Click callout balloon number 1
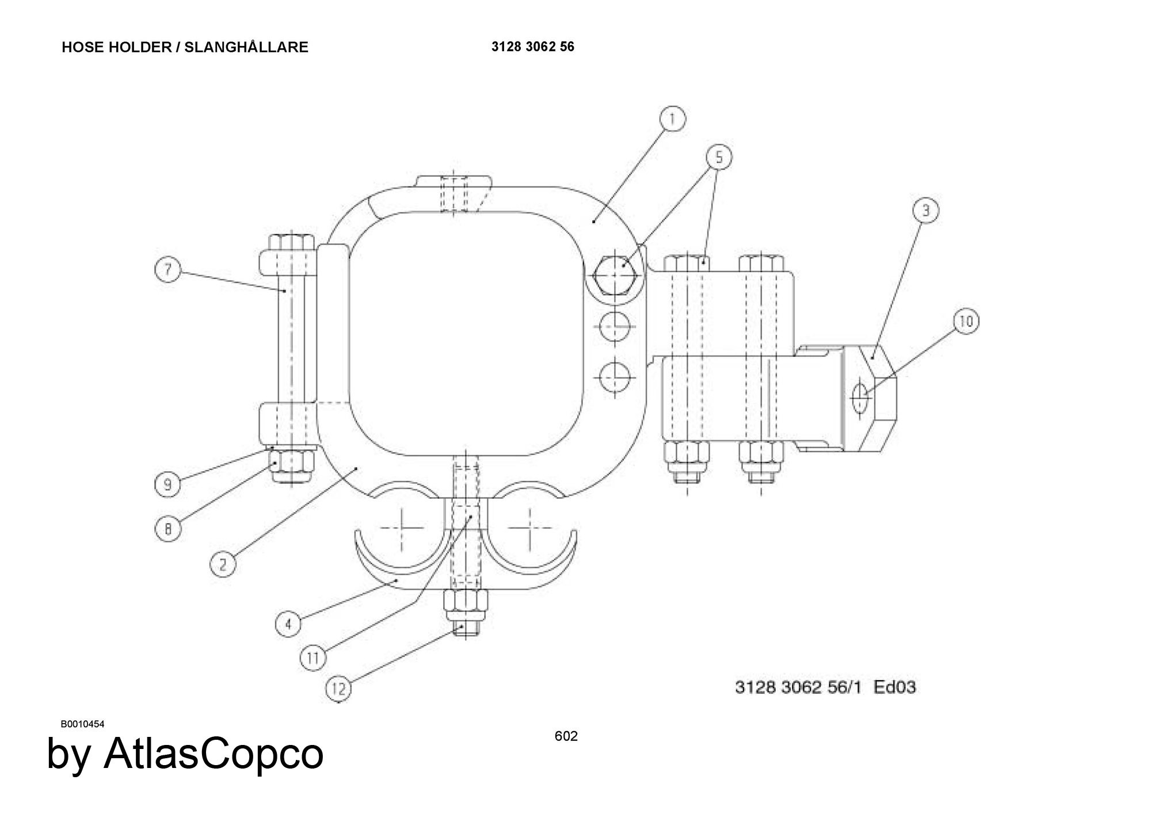coord(672,120)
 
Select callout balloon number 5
coord(719,156)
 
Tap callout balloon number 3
coord(925,211)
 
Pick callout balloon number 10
coord(966,321)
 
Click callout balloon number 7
coord(168,270)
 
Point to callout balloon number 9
coord(167,484)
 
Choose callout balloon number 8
coord(167,528)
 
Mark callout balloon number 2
coord(223,564)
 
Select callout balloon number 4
coord(288,624)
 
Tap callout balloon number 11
coord(314,658)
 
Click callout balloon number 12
coord(339,689)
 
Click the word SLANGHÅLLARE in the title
coord(246,47)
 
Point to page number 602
coord(566,736)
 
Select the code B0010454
coord(83,724)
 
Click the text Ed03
coord(895,687)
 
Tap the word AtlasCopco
coord(214,754)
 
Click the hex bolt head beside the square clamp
coord(615,276)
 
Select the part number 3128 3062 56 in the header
coord(533,47)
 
